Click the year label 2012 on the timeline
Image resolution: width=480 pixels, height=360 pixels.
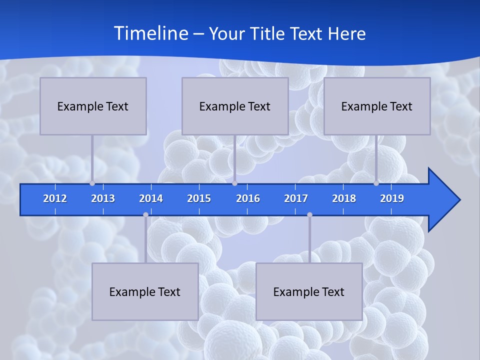pyautogui.click(x=55, y=198)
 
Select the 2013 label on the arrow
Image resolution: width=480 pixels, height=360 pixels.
pyautogui.click(x=103, y=198)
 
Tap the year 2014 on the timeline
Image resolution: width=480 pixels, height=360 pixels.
pyautogui.click(x=151, y=198)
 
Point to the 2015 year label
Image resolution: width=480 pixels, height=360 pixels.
pyautogui.click(x=199, y=198)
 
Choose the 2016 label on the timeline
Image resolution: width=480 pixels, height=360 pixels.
pyautogui.click(x=248, y=198)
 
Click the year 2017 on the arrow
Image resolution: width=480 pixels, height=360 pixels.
pyautogui.click(x=296, y=198)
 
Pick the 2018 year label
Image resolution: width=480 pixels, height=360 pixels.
pyautogui.click(x=344, y=198)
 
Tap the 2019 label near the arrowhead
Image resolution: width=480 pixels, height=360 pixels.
pyautogui.click(x=392, y=198)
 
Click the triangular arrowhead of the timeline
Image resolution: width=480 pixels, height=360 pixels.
pyautogui.click(x=443, y=199)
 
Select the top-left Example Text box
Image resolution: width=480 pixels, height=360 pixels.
pyautogui.click(x=93, y=106)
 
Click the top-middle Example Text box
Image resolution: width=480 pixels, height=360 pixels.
pyautogui.click(x=235, y=106)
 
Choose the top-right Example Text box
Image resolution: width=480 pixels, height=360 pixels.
pyautogui.click(x=377, y=106)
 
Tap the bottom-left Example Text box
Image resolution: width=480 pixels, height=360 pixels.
pyautogui.click(x=145, y=291)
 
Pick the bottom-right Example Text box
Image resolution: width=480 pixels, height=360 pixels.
pyautogui.click(x=309, y=291)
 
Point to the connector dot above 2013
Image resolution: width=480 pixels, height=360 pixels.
pyautogui.click(x=92, y=183)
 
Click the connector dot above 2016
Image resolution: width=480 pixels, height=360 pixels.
pyautogui.click(x=234, y=183)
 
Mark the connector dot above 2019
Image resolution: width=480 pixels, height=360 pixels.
pyautogui.click(x=376, y=183)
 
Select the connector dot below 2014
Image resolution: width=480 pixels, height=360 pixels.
pyautogui.click(x=145, y=214)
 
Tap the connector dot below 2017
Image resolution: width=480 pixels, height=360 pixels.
pyautogui.click(x=309, y=214)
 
